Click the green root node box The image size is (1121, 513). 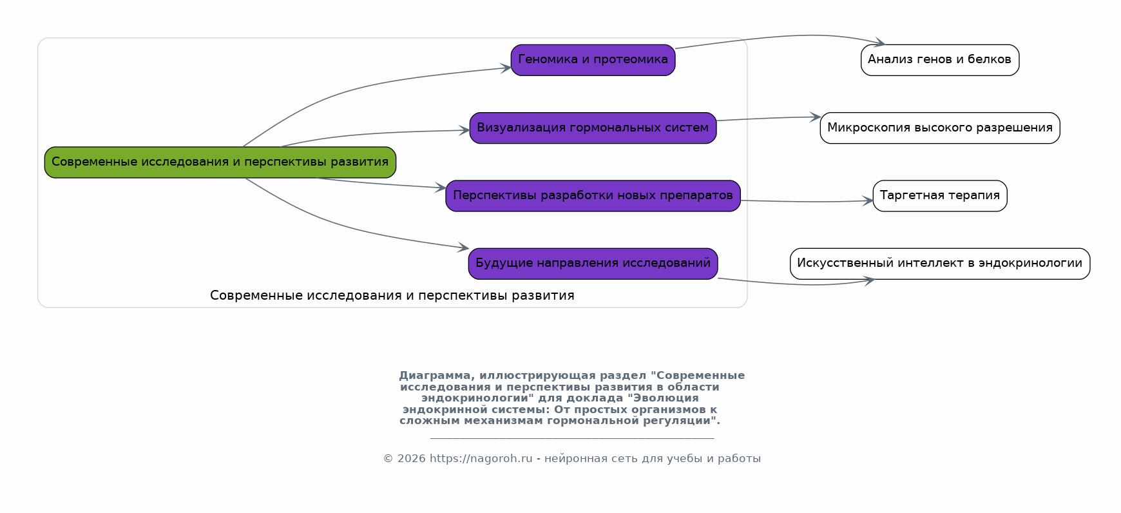[x=220, y=162]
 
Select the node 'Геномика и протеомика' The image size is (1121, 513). [x=593, y=60]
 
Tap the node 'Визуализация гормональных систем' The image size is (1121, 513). [x=593, y=128]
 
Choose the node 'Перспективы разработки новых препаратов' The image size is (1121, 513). [x=593, y=196]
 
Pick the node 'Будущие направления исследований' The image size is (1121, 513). [x=593, y=264]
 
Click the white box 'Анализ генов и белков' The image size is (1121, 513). [x=939, y=60]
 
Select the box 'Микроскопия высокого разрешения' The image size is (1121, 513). [x=939, y=128]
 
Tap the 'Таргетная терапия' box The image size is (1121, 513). [x=939, y=196]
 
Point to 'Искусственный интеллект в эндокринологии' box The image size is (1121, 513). [x=939, y=264]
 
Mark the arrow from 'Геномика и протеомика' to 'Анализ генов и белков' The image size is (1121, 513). [x=773, y=37]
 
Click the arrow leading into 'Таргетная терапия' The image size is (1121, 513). [x=805, y=202]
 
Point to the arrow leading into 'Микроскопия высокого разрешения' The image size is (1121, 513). [x=767, y=119]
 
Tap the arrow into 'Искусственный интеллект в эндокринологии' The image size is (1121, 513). [x=799, y=284]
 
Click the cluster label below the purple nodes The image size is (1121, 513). [x=392, y=296]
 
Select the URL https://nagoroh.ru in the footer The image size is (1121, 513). [x=481, y=459]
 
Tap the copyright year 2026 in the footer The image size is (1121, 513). [x=411, y=459]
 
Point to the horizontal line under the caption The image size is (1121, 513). [x=571, y=438]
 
